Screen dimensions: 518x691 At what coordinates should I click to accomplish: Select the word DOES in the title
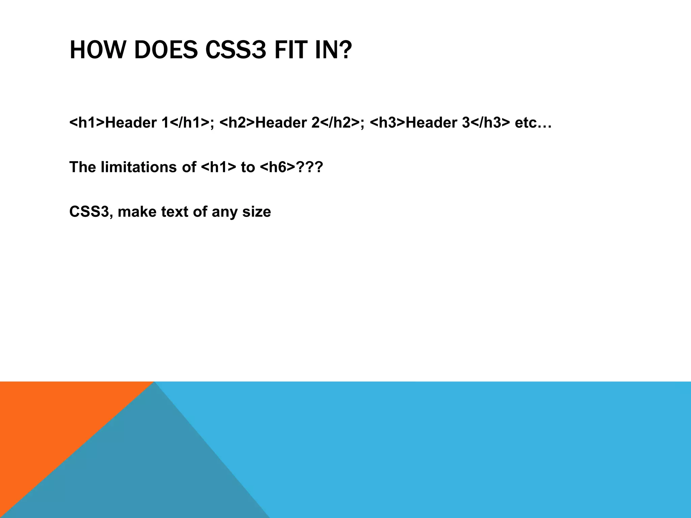coord(166,50)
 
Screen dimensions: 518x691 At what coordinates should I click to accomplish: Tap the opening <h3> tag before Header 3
coord(387,123)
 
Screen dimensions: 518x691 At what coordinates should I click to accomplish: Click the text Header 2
coord(287,123)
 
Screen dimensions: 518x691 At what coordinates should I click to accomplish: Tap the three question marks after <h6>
coord(309,167)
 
